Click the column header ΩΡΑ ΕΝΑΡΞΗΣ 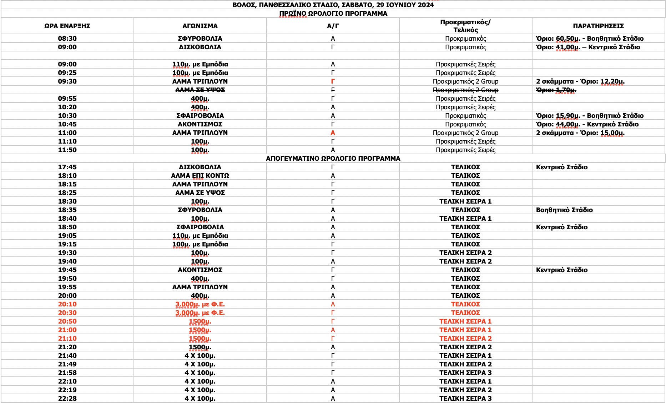pyautogui.click(x=67, y=26)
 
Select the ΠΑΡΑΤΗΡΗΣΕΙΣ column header pyautogui.click(x=598, y=26)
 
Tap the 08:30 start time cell pyautogui.click(x=67, y=39)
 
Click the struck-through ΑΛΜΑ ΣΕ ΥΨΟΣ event pyautogui.click(x=200, y=90)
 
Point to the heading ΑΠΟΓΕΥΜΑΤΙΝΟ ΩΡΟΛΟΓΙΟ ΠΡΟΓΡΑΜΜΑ pyautogui.click(x=333, y=159)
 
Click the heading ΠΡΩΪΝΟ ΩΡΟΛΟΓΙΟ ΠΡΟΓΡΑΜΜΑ pyautogui.click(x=333, y=14)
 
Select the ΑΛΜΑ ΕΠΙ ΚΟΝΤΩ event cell pyautogui.click(x=200, y=176)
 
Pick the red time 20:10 pyautogui.click(x=67, y=304)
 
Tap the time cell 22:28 pyautogui.click(x=67, y=399)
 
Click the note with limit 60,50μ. pyautogui.click(x=590, y=39)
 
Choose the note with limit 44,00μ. pyautogui.click(x=587, y=124)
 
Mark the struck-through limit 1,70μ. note pyautogui.click(x=556, y=90)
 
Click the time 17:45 pyautogui.click(x=67, y=167)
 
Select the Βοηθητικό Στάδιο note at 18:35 pyautogui.click(x=564, y=210)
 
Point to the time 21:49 pyautogui.click(x=67, y=364)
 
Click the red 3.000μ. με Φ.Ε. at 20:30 pyautogui.click(x=200, y=313)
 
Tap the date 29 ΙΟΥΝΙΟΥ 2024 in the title pyautogui.click(x=405, y=5)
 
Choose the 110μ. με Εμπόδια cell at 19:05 pyautogui.click(x=200, y=236)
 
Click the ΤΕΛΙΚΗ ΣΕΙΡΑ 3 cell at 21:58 pyautogui.click(x=465, y=373)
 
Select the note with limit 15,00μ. pyautogui.click(x=580, y=133)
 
